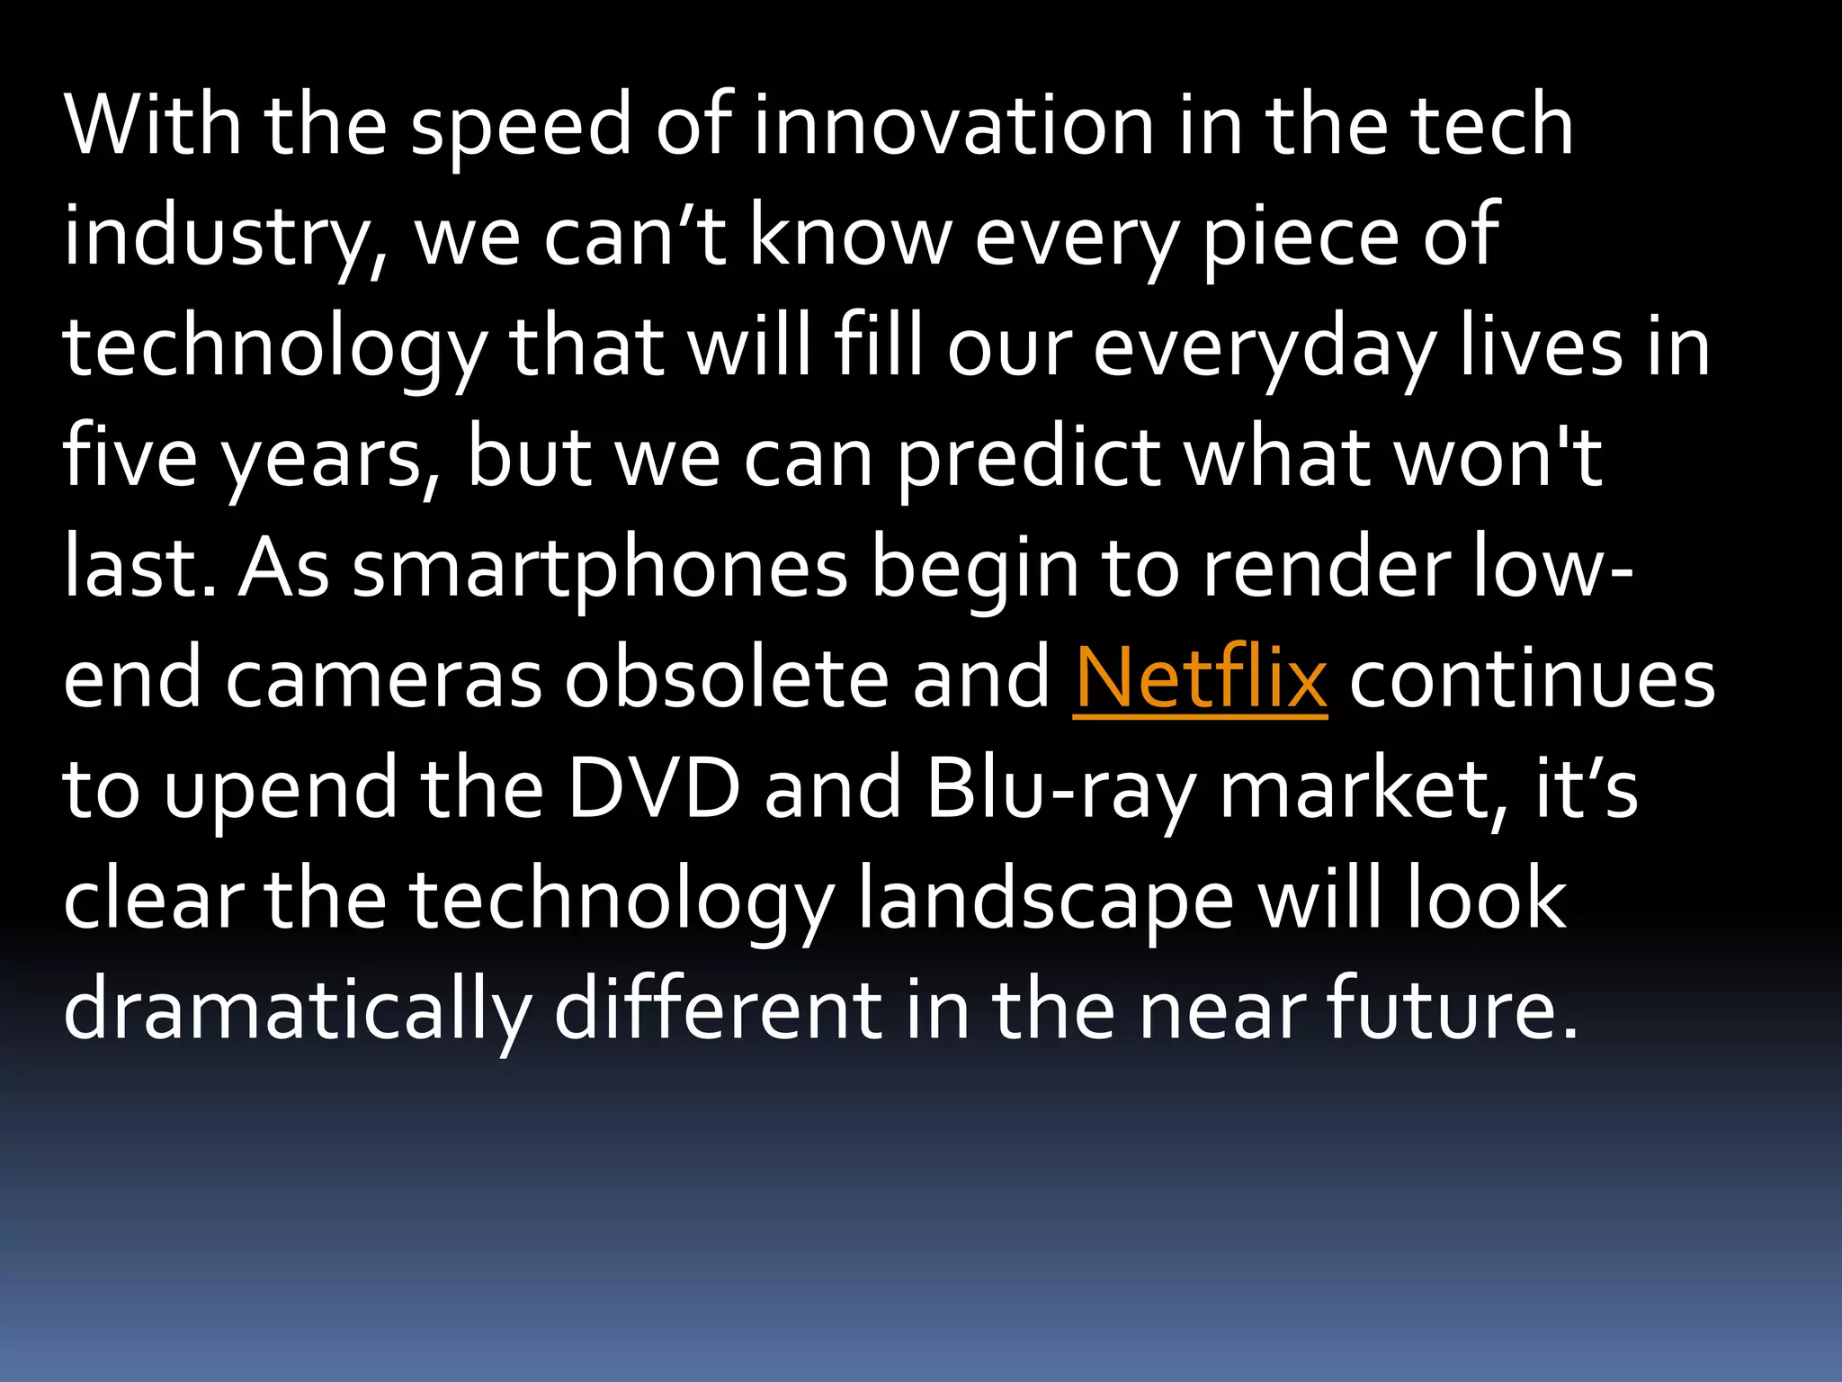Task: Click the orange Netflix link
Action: (x=1200, y=679)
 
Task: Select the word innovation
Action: (x=953, y=126)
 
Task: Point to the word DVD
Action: (x=654, y=789)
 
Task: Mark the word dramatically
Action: (x=297, y=1012)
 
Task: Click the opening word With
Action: (x=153, y=126)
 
